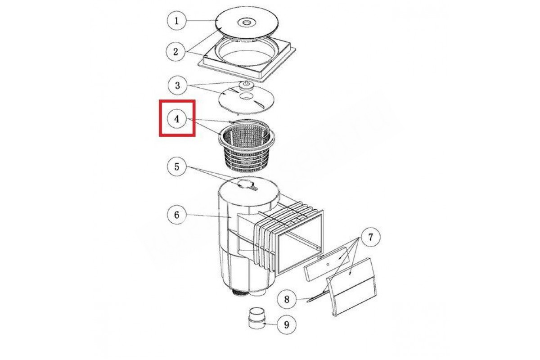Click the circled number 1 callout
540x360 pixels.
[x=177, y=21]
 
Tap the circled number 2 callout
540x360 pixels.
[x=175, y=52]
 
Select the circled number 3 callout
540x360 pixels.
[x=177, y=85]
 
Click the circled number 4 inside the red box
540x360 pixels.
[x=177, y=119]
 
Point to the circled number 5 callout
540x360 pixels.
[x=177, y=166]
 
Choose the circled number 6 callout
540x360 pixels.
[x=177, y=215]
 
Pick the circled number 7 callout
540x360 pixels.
[x=370, y=237]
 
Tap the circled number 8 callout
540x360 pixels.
[x=287, y=299]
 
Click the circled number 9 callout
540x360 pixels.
[x=287, y=324]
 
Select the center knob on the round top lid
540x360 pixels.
[x=246, y=22]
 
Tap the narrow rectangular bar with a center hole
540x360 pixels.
[x=327, y=264]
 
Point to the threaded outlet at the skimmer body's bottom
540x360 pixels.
[x=241, y=293]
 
